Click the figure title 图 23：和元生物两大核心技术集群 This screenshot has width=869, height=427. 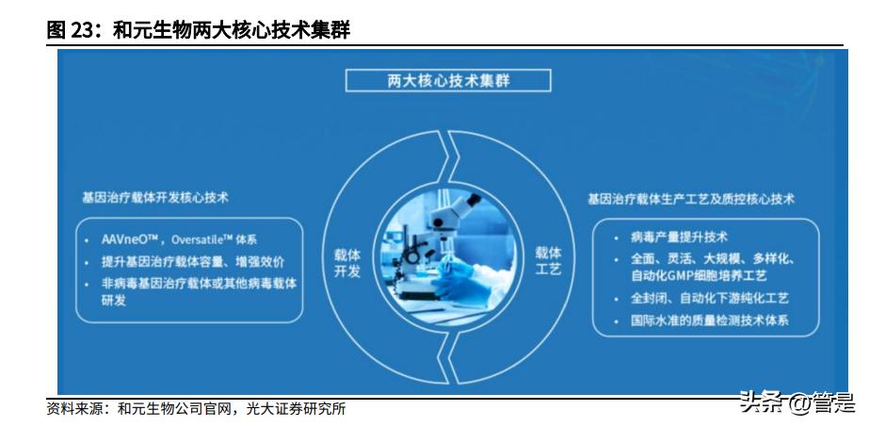(x=198, y=30)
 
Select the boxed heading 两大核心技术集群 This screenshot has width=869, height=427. (x=447, y=80)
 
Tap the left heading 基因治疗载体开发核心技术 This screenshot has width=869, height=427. (x=154, y=198)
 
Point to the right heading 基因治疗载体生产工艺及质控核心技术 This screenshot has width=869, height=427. (x=690, y=199)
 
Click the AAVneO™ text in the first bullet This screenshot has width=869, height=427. (x=131, y=239)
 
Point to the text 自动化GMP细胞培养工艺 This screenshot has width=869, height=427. (x=699, y=276)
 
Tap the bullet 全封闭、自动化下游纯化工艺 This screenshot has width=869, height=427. (x=709, y=298)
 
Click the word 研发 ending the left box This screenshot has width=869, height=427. (x=113, y=302)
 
